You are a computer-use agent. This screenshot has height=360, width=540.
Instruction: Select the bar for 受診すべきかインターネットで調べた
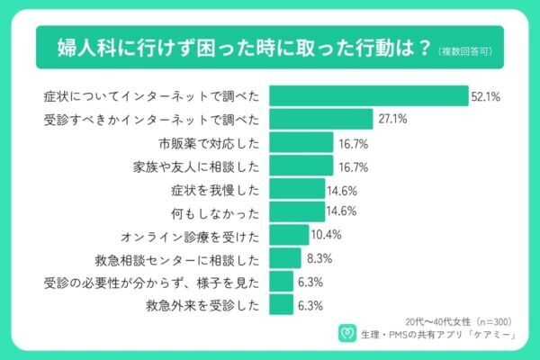click(320, 119)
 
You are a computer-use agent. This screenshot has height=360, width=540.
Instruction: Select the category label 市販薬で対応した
click(209, 142)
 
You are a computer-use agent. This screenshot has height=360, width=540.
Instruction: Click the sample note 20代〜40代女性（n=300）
click(449, 319)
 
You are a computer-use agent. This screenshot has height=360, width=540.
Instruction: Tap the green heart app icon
click(344, 334)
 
